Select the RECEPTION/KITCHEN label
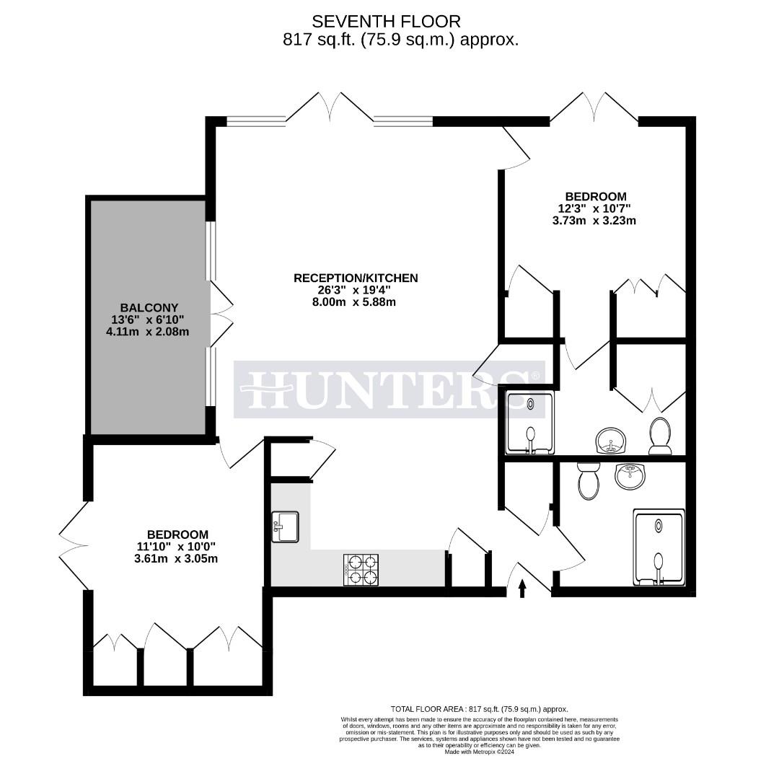point(356,278)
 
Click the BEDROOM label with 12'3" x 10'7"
point(595,196)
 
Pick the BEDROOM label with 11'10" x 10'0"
point(177,534)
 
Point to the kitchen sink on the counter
point(285,527)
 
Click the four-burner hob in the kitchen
point(361,569)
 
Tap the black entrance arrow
point(523,589)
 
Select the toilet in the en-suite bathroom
point(660,437)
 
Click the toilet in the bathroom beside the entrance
point(589,481)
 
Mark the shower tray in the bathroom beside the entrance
point(659,546)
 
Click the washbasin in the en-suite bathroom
point(612,439)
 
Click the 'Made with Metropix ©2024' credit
point(480,752)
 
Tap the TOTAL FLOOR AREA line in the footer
point(479,709)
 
